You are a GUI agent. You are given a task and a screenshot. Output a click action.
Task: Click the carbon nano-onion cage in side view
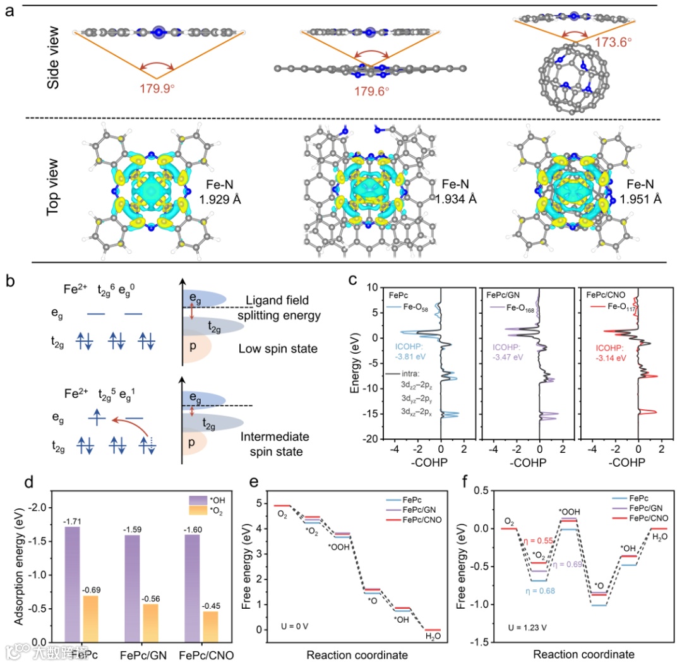(573, 77)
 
